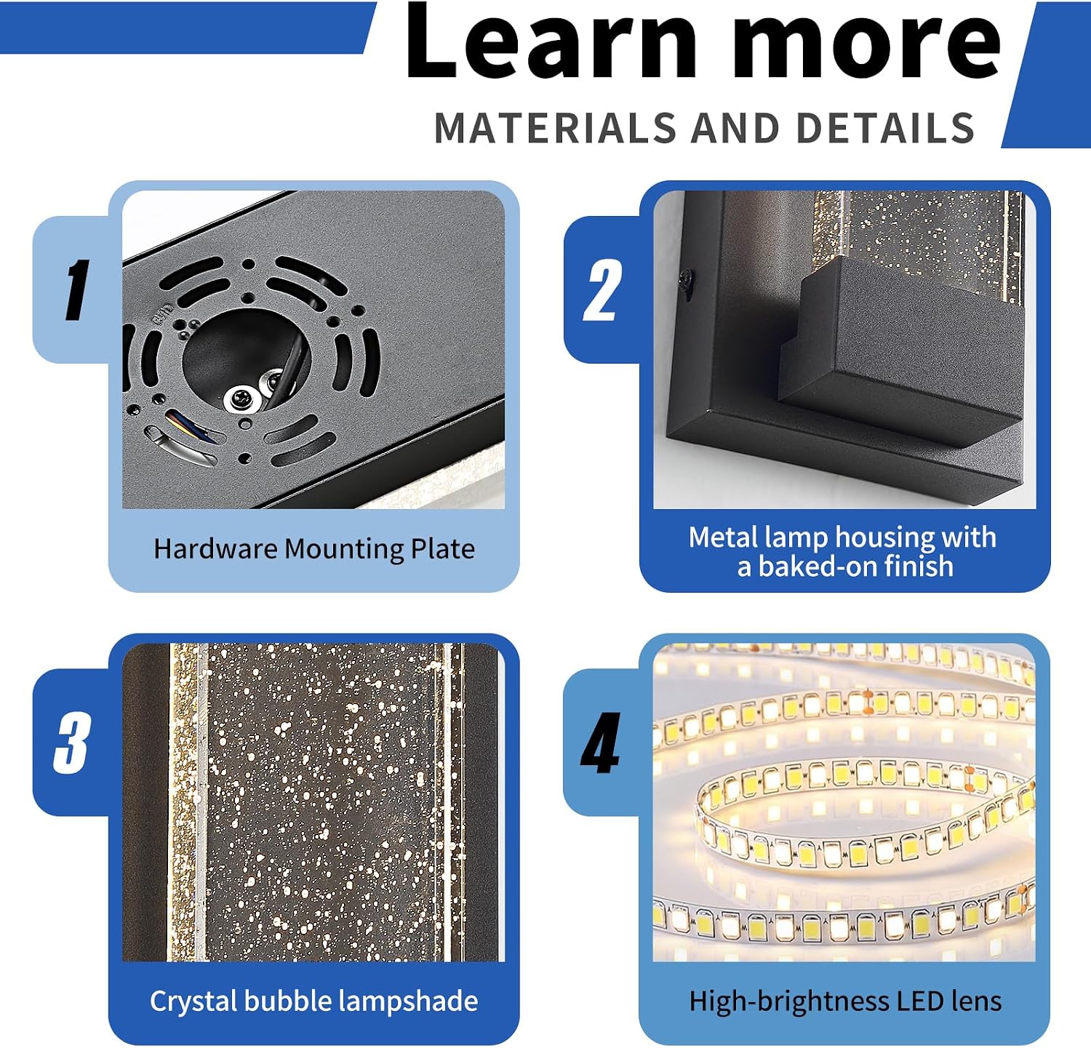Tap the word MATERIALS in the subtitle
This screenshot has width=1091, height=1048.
[x=556, y=129]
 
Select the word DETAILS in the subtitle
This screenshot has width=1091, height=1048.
[x=885, y=129]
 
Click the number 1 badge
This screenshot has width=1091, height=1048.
[x=76, y=290]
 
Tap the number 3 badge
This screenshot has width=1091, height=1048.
[x=72, y=743]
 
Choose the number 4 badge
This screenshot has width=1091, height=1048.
[x=601, y=743]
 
